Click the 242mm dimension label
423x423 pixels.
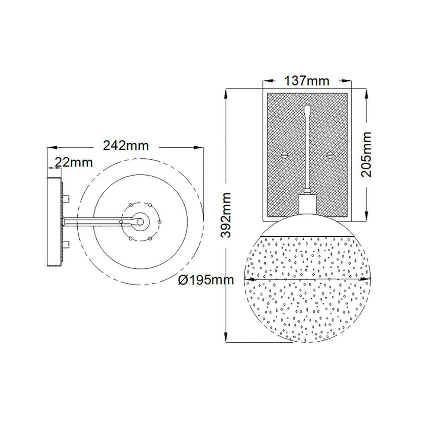pyautogui.click(x=126, y=146)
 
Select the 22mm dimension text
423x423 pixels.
pyautogui.click(x=74, y=163)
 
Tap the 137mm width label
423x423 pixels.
pyautogui.click(x=307, y=81)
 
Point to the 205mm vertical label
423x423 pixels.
pyautogui.click(x=367, y=154)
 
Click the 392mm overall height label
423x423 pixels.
pyautogui.click(x=226, y=215)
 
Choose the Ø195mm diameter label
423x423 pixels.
pyautogui.click(x=206, y=280)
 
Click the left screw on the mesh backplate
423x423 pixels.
pyautogui.click(x=285, y=155)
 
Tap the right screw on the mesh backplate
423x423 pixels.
pyautogui.click(x=330, y=155)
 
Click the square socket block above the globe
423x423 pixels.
pyautogui.click(x=307, y=204)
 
